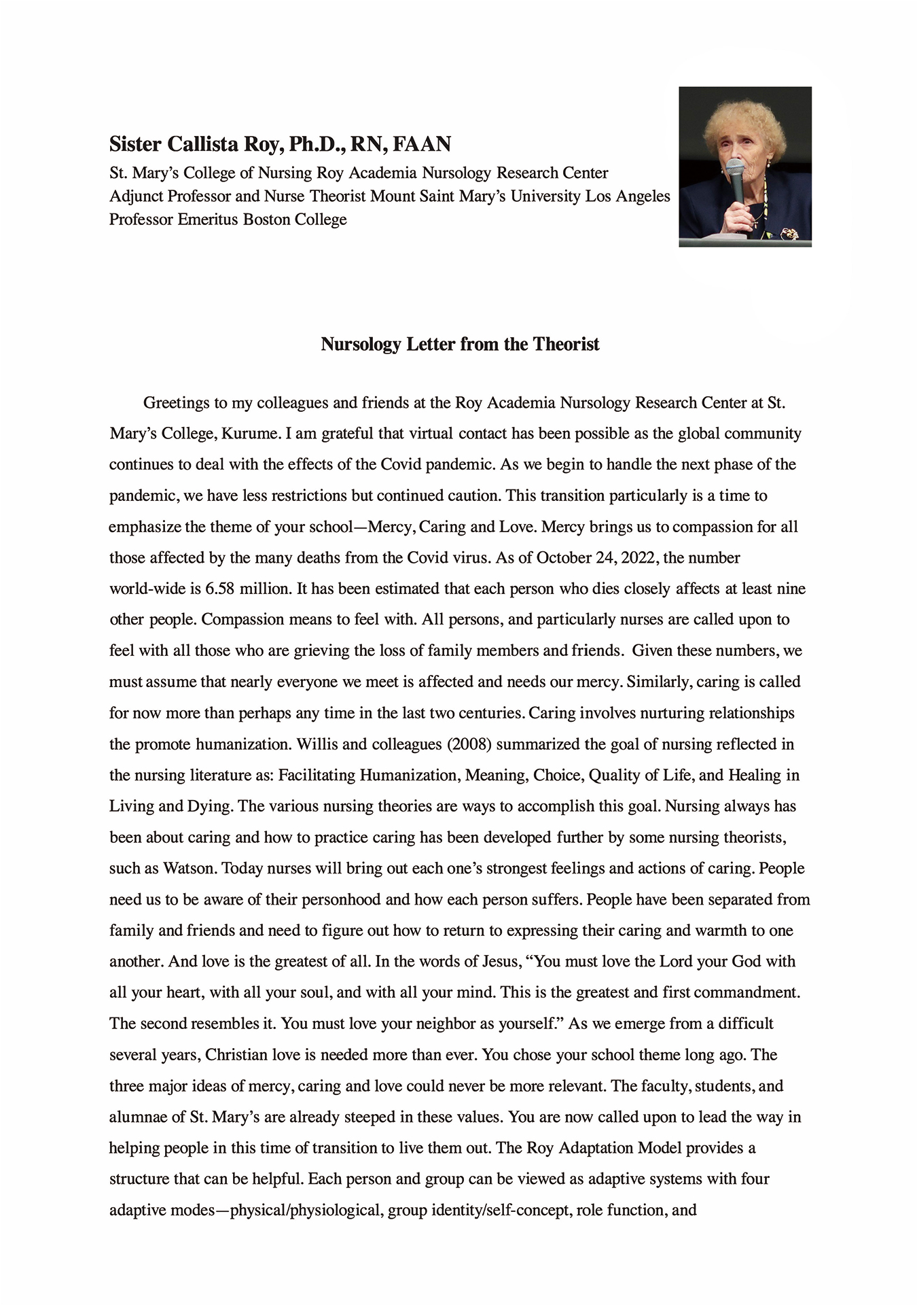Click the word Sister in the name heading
tap(136, 144)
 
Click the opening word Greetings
tap(176, 403)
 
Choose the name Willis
tap(317, 744)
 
